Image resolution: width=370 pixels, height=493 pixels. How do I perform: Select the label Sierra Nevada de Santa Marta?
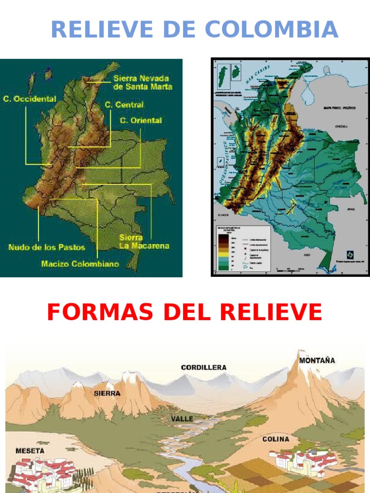[143, 82]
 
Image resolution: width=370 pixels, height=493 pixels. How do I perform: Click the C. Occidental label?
[29, 99]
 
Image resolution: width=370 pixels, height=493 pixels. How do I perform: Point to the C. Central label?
[124, 104]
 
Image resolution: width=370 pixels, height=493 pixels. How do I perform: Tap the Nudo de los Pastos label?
[47, 247]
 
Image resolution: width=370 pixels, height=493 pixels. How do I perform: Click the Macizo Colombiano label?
[80, 263]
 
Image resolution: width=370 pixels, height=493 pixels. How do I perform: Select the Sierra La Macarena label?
[144, 242]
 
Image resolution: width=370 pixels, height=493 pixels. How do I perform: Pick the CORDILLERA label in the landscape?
[203, 367]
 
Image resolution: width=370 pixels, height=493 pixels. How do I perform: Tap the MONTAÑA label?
[317, 360]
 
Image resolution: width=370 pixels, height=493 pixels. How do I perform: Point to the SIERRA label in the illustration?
[107, 393]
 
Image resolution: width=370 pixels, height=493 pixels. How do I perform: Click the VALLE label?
[182, 419]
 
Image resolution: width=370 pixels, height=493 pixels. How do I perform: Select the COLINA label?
[276, 439]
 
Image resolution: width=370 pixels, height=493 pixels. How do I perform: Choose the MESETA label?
[30, 451]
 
